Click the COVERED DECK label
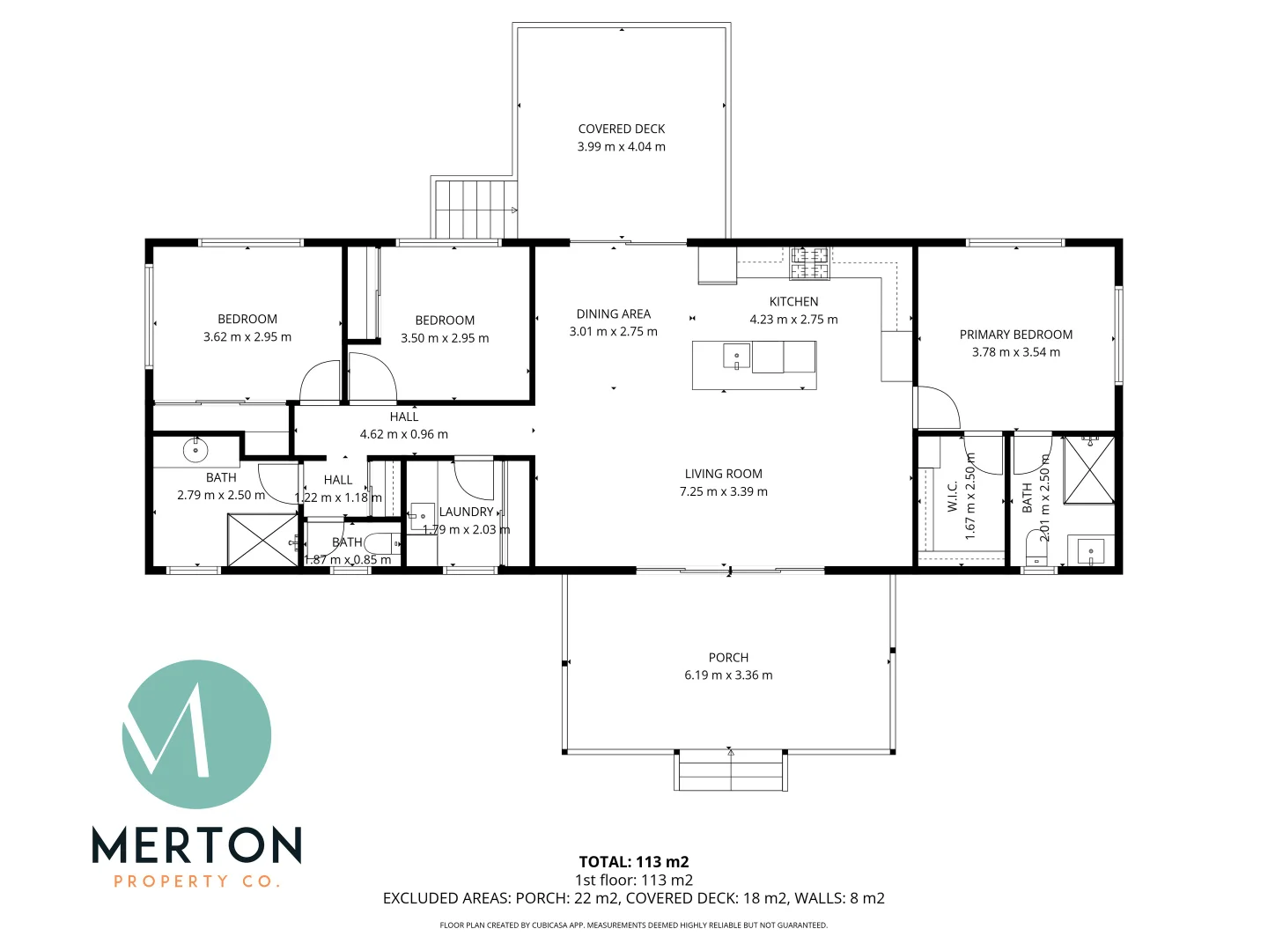[x=621, y=129]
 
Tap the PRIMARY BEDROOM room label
[x=1015, y=335]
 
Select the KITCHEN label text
[x=793, y=302]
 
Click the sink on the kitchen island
[x=736, y=357]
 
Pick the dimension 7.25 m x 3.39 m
[x=723, y=492]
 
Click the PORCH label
[x=728, y=658]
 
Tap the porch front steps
[x=730, y=772]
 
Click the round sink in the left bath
[x=195, y=451]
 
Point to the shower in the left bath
[x=263, y=539]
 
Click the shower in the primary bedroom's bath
[x=1089, y=470]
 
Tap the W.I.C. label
[x=952, y=496]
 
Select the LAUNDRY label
[x=466, y=512]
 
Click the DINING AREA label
[x=613, y=314]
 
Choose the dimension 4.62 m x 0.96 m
[x=403, y=434]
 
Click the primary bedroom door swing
[x=935, y=408]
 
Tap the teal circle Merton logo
[x=196, y=734]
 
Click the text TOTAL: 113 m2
[x=633, y=862]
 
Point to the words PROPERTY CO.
[x=196, y=881]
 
